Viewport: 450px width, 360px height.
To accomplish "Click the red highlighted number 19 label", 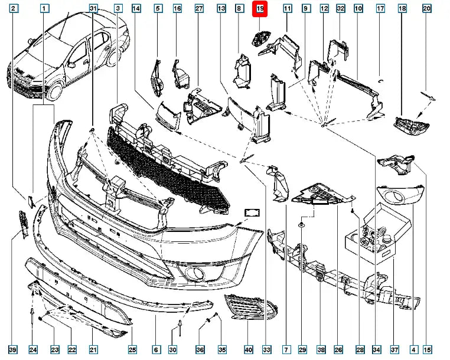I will click(260, 9).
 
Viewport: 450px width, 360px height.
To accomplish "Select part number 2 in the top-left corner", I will click(14, 9).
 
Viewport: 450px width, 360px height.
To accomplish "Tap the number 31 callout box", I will click(93, 9).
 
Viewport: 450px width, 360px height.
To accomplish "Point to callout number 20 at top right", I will click(444, 9).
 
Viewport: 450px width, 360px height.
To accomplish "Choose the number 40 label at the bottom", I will click(249, 350).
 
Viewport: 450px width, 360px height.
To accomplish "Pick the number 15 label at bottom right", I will click(427, 350).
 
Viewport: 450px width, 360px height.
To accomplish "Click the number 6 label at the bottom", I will click(156, 350).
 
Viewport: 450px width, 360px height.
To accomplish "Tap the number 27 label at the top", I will click(199, 9).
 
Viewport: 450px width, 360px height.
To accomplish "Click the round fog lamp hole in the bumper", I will click(194, 272).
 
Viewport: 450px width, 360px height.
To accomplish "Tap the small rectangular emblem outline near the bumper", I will click(252, 212).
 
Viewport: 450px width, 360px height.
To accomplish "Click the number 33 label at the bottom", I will click(265, 350).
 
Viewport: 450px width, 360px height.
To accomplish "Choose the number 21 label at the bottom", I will click(93, 350).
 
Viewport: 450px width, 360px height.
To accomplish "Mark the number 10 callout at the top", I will click(358, 9).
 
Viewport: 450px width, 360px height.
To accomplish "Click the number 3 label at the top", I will click(118, 9).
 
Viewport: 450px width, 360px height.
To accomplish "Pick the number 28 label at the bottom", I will click(361, 350).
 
